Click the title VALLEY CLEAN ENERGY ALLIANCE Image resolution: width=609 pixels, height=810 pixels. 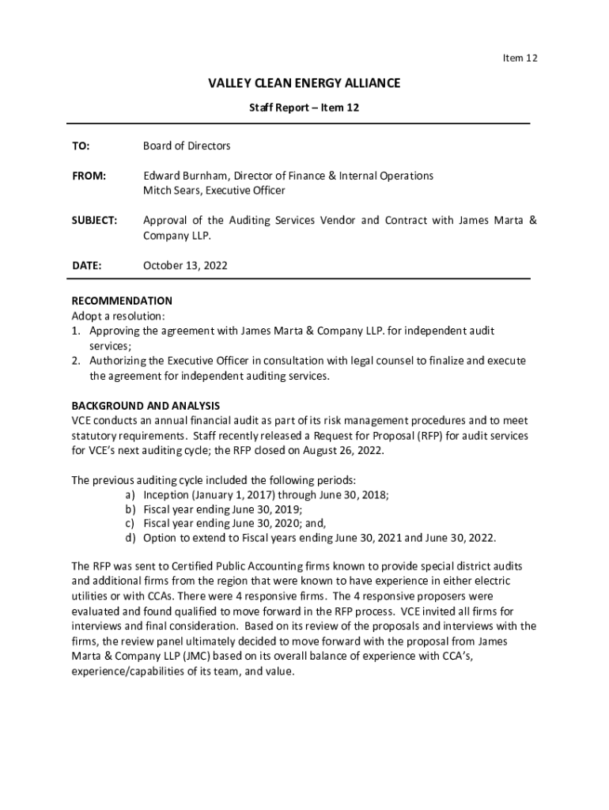(304, 83)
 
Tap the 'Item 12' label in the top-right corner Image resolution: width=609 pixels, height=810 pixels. (520, 59)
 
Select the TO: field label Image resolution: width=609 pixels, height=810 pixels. (81, 146)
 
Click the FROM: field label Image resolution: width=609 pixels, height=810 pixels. (89, 176)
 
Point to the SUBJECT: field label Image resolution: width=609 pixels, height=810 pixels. (94, 221)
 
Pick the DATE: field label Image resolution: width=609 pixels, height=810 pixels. (86, 266)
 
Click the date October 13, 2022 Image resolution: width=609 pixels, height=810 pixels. (185, 266)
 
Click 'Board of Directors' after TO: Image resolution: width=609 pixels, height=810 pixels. (187, 146)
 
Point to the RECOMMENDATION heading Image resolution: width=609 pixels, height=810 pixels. (122, 301)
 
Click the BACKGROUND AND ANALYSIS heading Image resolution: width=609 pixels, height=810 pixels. (146, 406)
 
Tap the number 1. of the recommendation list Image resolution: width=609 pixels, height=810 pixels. (76, 331)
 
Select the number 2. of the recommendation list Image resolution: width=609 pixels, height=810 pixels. (76, 361)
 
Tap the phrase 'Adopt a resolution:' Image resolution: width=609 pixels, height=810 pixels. (119, 316)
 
